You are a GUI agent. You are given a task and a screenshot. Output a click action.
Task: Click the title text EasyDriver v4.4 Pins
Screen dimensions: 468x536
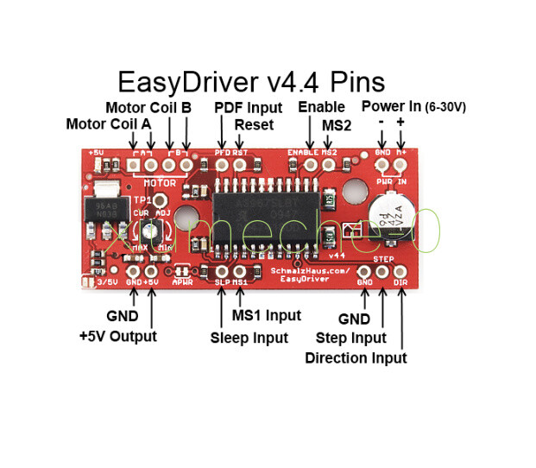pos(250,82)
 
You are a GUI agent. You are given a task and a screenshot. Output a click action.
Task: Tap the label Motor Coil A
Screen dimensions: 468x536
pos(109,124)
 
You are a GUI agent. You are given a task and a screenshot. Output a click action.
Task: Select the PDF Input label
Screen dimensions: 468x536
pos(248,108)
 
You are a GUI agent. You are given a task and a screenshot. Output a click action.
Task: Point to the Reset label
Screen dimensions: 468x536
pos(254,124)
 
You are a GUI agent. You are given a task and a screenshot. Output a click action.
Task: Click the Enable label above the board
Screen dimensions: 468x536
pos(320,108)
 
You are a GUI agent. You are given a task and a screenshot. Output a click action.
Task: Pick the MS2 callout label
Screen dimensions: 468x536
pos(337,125)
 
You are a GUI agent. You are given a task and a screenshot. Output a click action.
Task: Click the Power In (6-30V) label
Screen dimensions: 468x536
pos(413,107)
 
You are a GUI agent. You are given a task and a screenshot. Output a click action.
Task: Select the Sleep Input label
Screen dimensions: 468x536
pos(249,338)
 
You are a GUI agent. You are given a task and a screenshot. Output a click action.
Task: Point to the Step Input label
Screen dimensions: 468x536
pos(350,338)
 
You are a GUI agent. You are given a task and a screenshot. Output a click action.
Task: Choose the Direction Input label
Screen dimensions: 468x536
pos(356,357)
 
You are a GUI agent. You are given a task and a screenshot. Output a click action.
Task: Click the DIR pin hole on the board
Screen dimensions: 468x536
pos(401,269)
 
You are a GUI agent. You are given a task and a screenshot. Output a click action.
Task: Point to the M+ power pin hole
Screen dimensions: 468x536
pos(400,162)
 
